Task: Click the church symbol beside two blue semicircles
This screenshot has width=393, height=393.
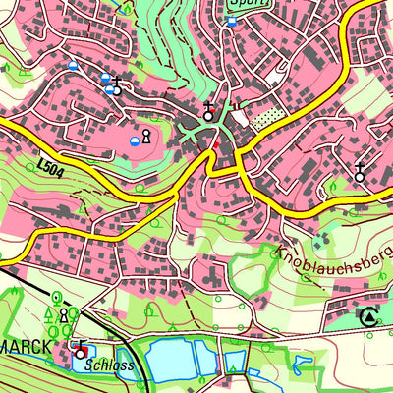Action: click(x=117, y=85)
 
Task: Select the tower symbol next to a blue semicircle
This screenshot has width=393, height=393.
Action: click(x=147, y=136)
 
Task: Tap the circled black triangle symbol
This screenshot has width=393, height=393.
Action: click(x=368, y=316)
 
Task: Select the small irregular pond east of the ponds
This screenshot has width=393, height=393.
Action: click(x=301, y=367)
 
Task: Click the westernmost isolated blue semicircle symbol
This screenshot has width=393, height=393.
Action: click(x=73, y=66)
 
